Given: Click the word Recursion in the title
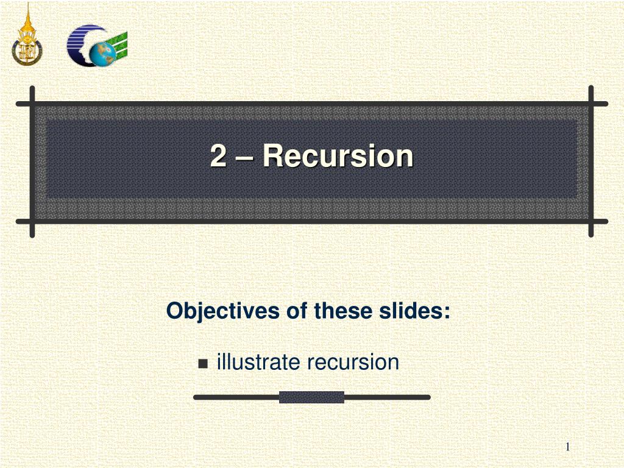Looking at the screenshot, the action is tap(338, 155).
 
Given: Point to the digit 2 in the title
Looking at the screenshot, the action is tap(218, 155).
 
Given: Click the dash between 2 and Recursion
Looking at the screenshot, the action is tap(244, 158).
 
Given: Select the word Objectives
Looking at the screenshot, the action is tap(223, 311).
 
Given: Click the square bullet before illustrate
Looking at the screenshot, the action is tap(203, 363).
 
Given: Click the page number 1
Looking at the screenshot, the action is tap(567, 447).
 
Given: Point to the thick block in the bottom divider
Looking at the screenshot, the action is tap(311, 397).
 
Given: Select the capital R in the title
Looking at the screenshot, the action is tap(272, 155).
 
